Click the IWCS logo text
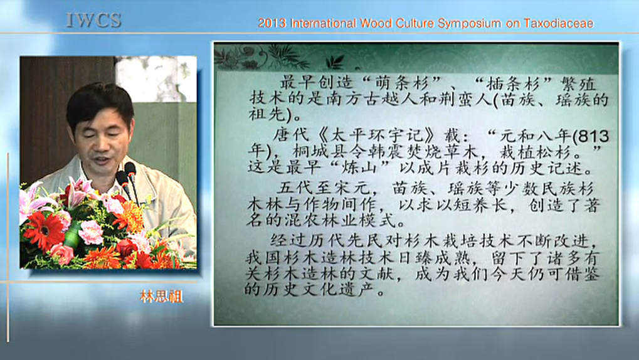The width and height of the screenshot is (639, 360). coord(93,21)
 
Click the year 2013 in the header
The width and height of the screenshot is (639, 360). coord(272,23)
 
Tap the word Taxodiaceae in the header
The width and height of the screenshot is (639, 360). coord(559,23)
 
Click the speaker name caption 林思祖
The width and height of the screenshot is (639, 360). coord(162,297)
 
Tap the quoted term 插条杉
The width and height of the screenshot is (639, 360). coord(514,84)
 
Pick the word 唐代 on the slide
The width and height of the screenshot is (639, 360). coord(291,135)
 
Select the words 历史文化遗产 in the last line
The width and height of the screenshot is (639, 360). coord(317,290)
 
